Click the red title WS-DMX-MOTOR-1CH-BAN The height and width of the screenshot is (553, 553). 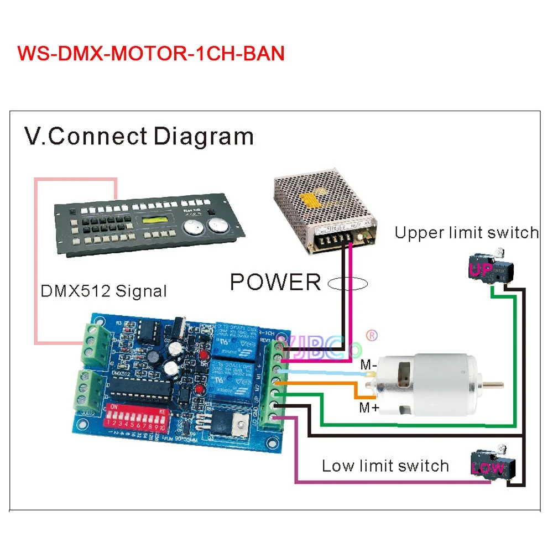[151, 54]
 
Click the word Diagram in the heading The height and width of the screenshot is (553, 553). [203, 136]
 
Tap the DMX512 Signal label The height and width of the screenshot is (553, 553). [103, 290]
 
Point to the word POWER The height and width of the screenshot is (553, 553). [275, 282]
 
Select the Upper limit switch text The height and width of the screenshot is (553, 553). [466, 233]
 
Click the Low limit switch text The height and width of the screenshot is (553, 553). [385, 466]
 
